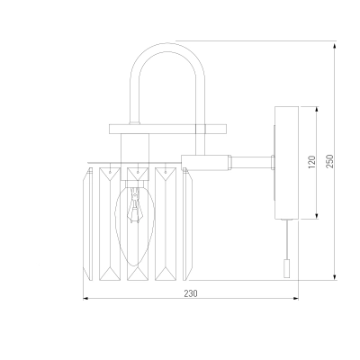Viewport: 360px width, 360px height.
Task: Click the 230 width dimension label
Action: (x=191, y=293)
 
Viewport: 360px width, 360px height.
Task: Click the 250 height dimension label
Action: (x=329, y=161)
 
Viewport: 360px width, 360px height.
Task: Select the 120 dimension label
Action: (x=312, y=162)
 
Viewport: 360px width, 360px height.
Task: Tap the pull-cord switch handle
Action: (x=287, y=269)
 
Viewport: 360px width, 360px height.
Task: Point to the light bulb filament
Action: (x=136, y=205)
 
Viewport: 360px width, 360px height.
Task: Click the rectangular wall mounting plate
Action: (x=286, y=163)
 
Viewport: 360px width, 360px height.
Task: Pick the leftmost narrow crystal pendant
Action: (x=87, y=224)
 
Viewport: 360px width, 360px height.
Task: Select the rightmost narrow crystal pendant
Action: (x=187, y=224)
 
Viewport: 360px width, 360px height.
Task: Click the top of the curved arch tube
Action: (x=167, y=44)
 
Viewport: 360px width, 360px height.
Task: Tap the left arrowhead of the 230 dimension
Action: (x=85, y=298)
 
